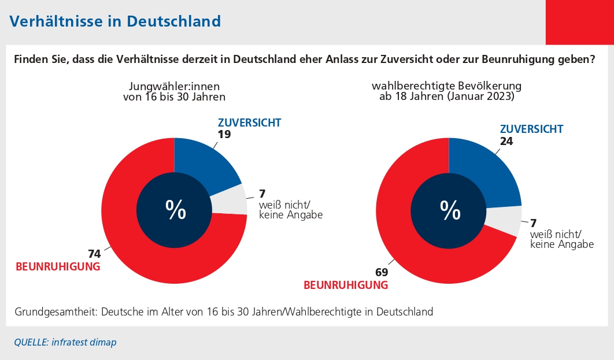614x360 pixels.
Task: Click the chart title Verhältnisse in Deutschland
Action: [115, 21]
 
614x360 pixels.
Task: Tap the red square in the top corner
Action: [579, 22]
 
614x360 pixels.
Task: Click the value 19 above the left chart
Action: [225, 133]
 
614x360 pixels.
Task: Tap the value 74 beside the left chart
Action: [94, 254]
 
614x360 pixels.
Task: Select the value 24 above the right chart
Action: [506, 140]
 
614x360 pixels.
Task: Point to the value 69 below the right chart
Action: [381, 272]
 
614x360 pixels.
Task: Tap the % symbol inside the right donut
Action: [450, 211]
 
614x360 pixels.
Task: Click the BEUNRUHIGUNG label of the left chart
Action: [58, 266]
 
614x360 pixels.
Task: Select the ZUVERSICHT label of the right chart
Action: [531, 129]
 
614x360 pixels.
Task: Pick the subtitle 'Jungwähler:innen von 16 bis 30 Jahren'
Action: [174, 92]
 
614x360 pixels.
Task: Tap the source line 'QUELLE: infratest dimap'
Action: [65, 342]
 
